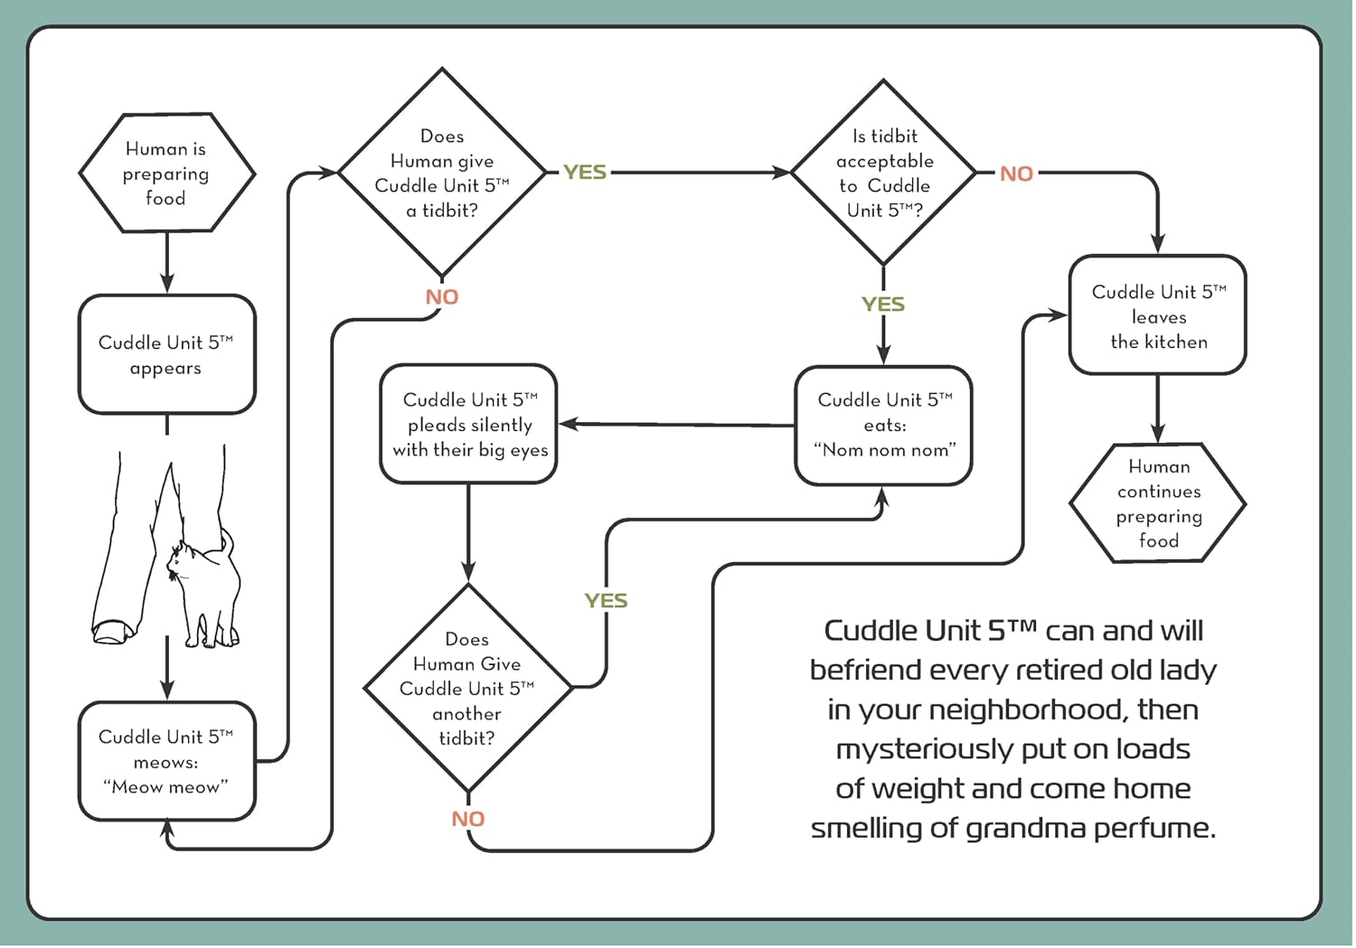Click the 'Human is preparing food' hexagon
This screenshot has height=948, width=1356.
click(x=166, y=173)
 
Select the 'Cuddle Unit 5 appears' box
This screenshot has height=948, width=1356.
click(x=166, y=354)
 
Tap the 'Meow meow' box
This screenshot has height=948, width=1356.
click(x=166, y=761)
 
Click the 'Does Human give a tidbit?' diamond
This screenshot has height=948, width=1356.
click(x=442, y=173)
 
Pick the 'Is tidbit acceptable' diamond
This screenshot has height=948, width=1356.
click(x=883, y=173)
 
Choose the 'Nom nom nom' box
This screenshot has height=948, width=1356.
click(x=883, y=425)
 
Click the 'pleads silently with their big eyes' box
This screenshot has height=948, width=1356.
click(x=468, y=424)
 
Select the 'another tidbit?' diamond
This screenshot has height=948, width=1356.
click(x=467, y=689)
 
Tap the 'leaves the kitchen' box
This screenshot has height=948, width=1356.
click(x=1157, y=315)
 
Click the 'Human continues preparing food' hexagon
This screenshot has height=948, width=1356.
click(x=1157, y=503)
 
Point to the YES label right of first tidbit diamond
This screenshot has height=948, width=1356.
click(x=585, y=173)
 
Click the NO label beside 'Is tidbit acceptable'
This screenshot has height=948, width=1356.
click(x=1016, y=174)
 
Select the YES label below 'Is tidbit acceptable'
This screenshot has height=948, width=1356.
click(x=883, y=305)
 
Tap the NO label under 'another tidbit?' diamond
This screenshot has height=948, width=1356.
click(x=468, y=819)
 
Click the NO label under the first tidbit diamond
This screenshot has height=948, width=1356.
click(x=442, y=297)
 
